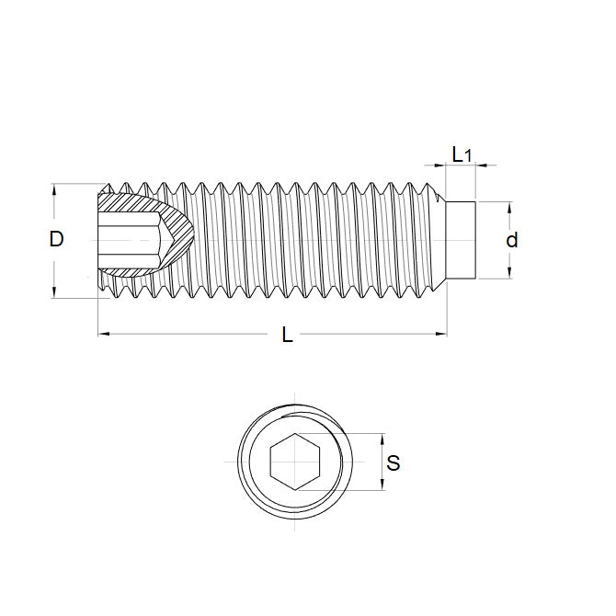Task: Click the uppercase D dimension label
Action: click(x=56, y=240)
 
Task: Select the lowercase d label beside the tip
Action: click(x=512, y=241)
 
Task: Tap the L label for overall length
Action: click(x=288, y=337)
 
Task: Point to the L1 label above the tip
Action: click(x=461, y=155)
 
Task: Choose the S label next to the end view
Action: click(x=394, y=463)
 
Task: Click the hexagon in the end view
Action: click(x=294, y=462)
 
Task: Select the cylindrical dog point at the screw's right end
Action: click(x=461, y=240)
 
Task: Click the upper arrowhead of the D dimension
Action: click(x=55, y=188)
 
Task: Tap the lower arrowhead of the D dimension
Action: click(x=55, y=291)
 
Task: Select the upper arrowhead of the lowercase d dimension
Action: click(x=511, y=207)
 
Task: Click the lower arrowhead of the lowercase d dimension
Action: click(x=511, y=273)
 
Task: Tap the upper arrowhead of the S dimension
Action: click(x=380, y=438)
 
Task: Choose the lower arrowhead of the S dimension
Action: click(x=380, y=485)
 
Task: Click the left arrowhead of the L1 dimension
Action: click(x=443, y=166)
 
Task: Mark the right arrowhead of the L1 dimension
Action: click(x=479, y=166)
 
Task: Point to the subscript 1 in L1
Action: click(x=468, y=158)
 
